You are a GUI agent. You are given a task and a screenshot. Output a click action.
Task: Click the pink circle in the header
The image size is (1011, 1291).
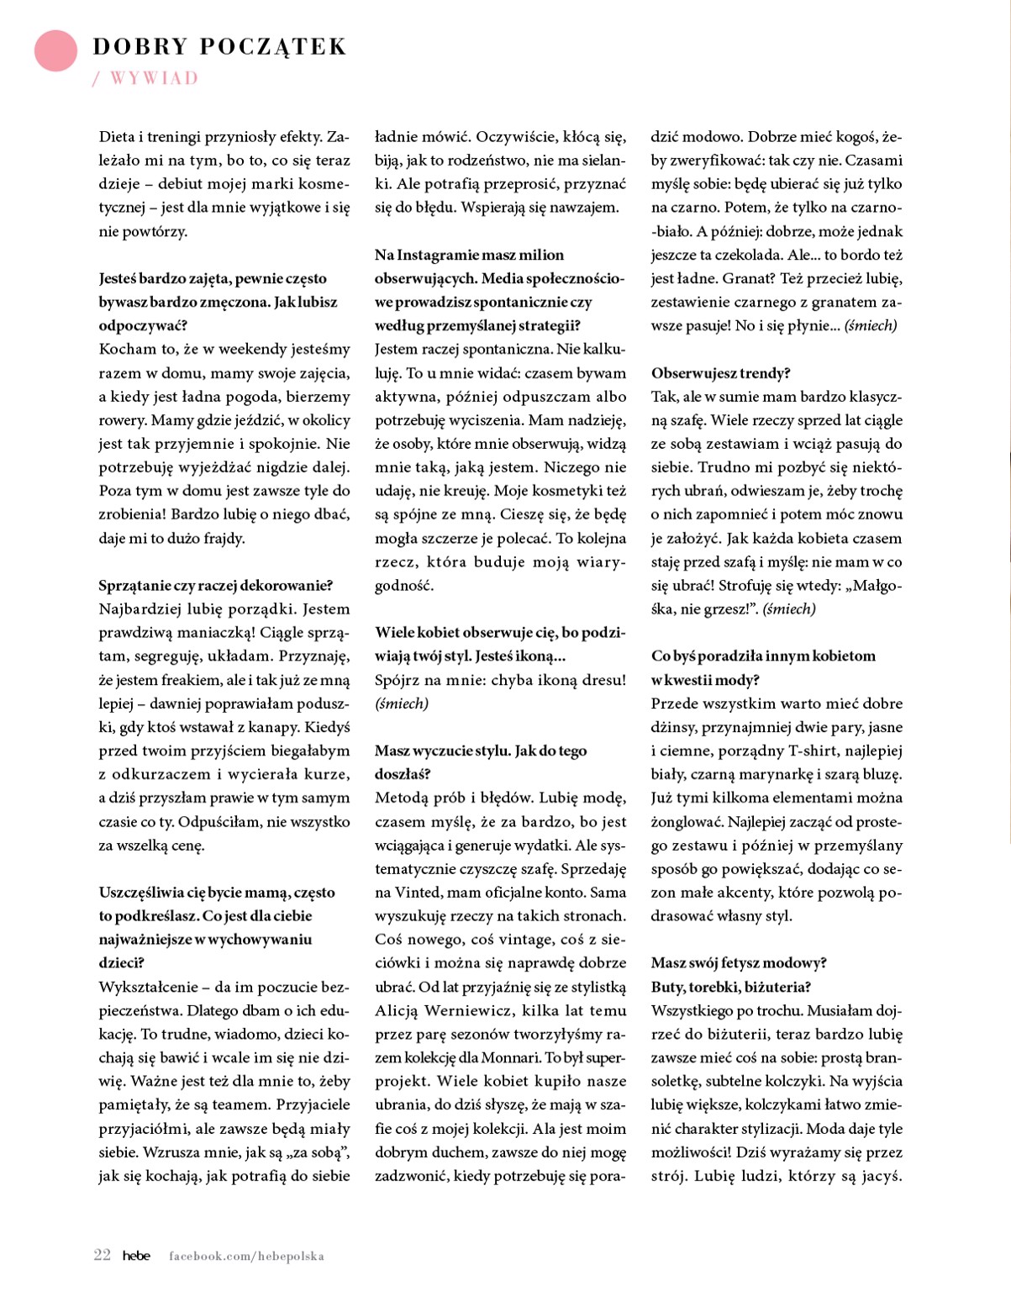tap(55, 50)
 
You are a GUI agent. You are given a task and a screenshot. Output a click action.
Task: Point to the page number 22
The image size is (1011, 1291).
tap(102, 1255)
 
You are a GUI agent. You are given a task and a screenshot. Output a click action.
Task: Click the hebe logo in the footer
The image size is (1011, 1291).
tap(136, 1256)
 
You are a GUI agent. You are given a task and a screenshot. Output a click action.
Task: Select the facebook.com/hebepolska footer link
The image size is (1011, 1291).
tap(246, 1256)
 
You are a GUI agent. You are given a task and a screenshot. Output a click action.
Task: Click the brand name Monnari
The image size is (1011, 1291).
tap(510, 1057)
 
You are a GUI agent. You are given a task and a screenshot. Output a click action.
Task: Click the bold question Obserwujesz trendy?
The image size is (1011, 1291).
tap(720, 372)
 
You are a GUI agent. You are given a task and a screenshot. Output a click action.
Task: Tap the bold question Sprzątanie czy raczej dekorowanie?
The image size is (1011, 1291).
tap(215, 585)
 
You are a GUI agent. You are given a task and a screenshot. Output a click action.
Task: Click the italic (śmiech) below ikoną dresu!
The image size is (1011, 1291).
tap(402, 703)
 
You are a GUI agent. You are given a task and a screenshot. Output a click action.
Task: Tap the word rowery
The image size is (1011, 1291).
tap(124, 420)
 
